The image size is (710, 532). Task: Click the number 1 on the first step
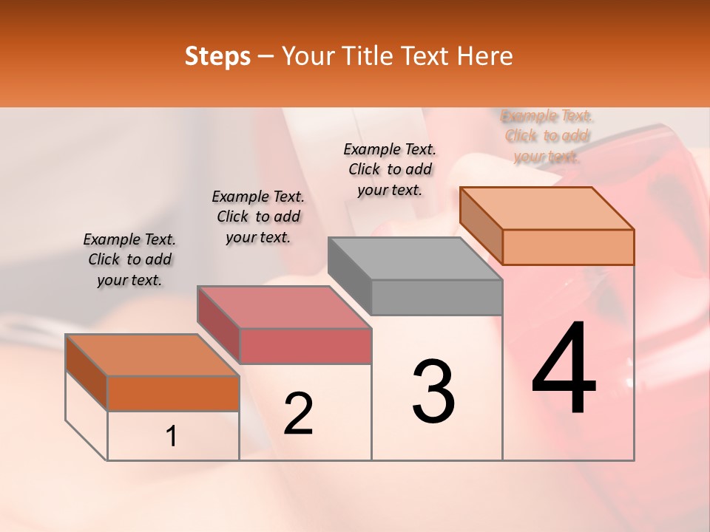coord(172,437)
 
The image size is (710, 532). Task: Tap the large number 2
coord(299,413)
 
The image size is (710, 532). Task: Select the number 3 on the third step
coord(433,392)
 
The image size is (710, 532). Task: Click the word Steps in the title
coord(217,56)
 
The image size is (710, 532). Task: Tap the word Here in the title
coord(485,56)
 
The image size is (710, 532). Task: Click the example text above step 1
coord(129,259)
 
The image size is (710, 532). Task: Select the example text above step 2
coord(258,216)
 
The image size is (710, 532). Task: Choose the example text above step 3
coord(390,169)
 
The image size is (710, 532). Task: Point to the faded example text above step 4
coord(547,136)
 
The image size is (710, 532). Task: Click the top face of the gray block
coord(414,258)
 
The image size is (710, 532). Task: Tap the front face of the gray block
coord(436,297)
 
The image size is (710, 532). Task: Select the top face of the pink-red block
coord(284,307)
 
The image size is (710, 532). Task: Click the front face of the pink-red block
coord(305,346)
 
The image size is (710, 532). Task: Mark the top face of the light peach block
coord(547,208)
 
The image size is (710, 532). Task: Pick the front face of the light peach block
coord(568,247)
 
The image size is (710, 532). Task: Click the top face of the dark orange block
coord(152,355)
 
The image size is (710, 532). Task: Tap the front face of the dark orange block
coord(173,393)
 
